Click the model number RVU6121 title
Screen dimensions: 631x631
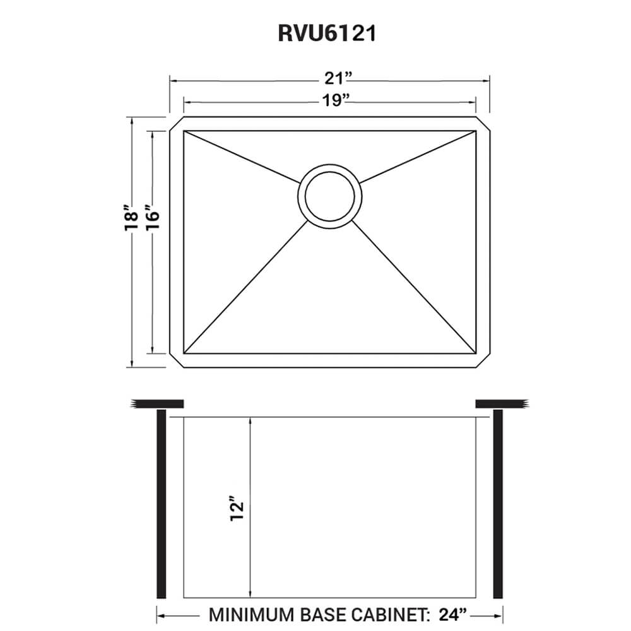327,33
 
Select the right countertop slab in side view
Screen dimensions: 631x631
501,403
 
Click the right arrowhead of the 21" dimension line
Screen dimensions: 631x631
487,81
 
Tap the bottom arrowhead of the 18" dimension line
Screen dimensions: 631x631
131,363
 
